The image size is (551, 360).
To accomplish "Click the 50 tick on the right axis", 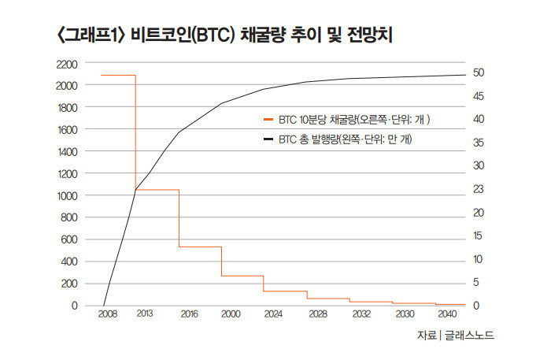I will click(x=479, y=72).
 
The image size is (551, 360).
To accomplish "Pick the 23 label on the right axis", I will click(x=479, y=189).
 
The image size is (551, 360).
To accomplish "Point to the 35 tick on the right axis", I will click(x=479, y=143).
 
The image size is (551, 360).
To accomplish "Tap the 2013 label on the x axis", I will click(x=144, y=314).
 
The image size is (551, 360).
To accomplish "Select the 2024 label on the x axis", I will click(x=273, y=314).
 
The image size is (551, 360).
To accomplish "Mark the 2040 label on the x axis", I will click(x=446, y=314).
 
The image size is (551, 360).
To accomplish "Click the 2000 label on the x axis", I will click(x=230, y=314).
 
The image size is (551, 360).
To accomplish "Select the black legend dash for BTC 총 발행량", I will click(x=268, y=139).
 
